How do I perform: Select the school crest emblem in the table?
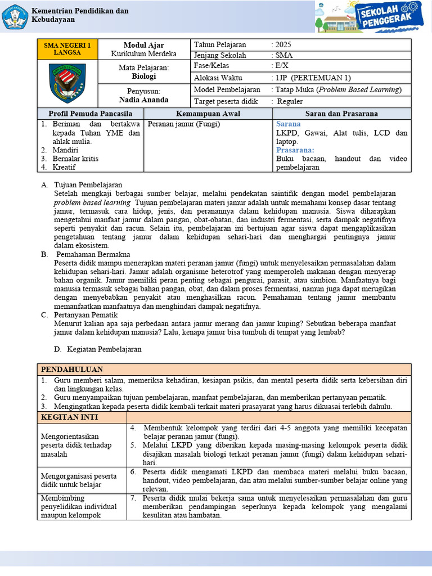click(67, 81)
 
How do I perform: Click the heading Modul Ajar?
click(144, 45)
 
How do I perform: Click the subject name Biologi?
click(144, 76)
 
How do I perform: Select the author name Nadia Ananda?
click(144, 100)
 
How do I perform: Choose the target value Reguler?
click(289, 101)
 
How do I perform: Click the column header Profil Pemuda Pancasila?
click(91, 113)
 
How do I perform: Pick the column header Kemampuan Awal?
click(208, 113)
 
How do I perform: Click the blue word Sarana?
click(288, 124)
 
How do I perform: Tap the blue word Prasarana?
click(295, 150)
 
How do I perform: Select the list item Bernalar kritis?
click(75, 159)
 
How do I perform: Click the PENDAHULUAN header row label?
click(71, 369)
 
